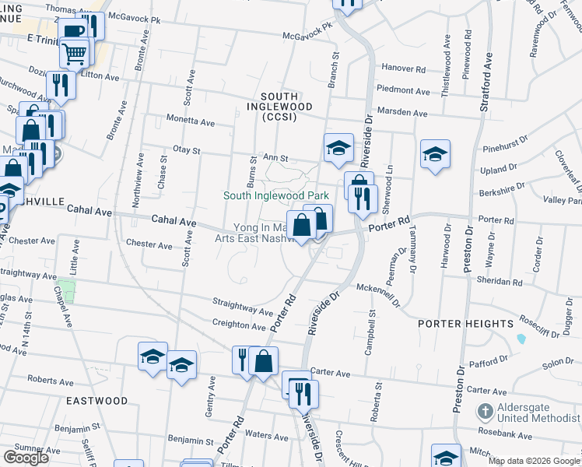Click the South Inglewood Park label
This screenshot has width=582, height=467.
(281, 195)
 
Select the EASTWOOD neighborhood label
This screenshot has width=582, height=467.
(96, 400)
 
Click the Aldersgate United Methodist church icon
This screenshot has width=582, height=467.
(485, 410)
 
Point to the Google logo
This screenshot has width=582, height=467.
(26, 457)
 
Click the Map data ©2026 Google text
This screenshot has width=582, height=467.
(534, 461)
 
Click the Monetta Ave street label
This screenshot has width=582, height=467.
(191, 122)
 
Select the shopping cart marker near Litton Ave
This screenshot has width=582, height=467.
(74, 53)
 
